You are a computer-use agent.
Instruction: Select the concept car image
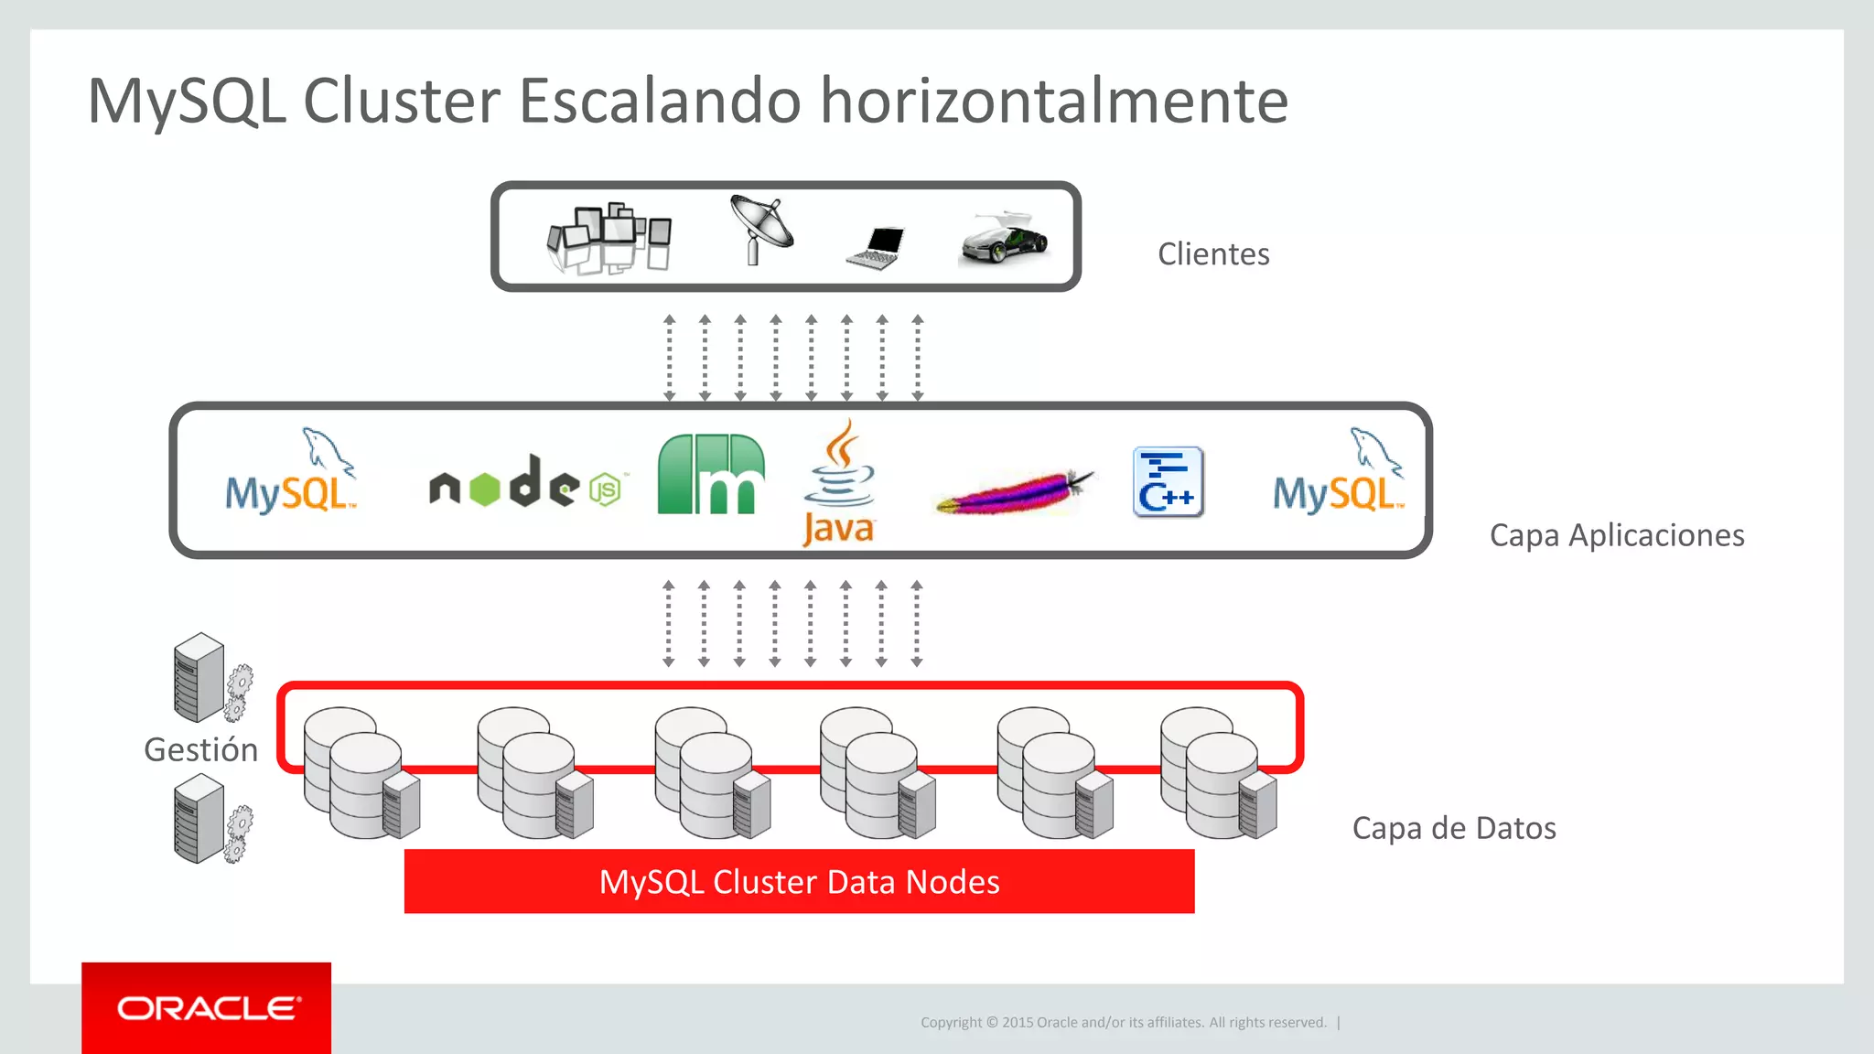pos(1005,240)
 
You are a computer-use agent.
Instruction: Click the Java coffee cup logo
pos(839,482)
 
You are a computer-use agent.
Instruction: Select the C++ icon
pos(1168,482)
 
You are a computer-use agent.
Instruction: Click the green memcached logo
pos(711,474)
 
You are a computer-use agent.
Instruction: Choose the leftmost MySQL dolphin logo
pos(290,473)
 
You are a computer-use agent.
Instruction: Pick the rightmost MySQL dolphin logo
pos(1338,473)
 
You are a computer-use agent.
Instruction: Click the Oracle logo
pos(207,1008)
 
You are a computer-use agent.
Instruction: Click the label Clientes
pos(1213,254)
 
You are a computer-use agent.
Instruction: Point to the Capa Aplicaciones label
pos(1617,535)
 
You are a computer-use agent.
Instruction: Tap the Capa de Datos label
pos(1454,828)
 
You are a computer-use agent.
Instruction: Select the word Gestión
pos(201,750)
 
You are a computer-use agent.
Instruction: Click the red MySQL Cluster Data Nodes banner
pos(799,881)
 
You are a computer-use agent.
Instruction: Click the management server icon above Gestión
pos(211,678)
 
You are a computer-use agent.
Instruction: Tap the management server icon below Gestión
pos(211,819)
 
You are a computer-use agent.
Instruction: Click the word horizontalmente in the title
pos(1054,101)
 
